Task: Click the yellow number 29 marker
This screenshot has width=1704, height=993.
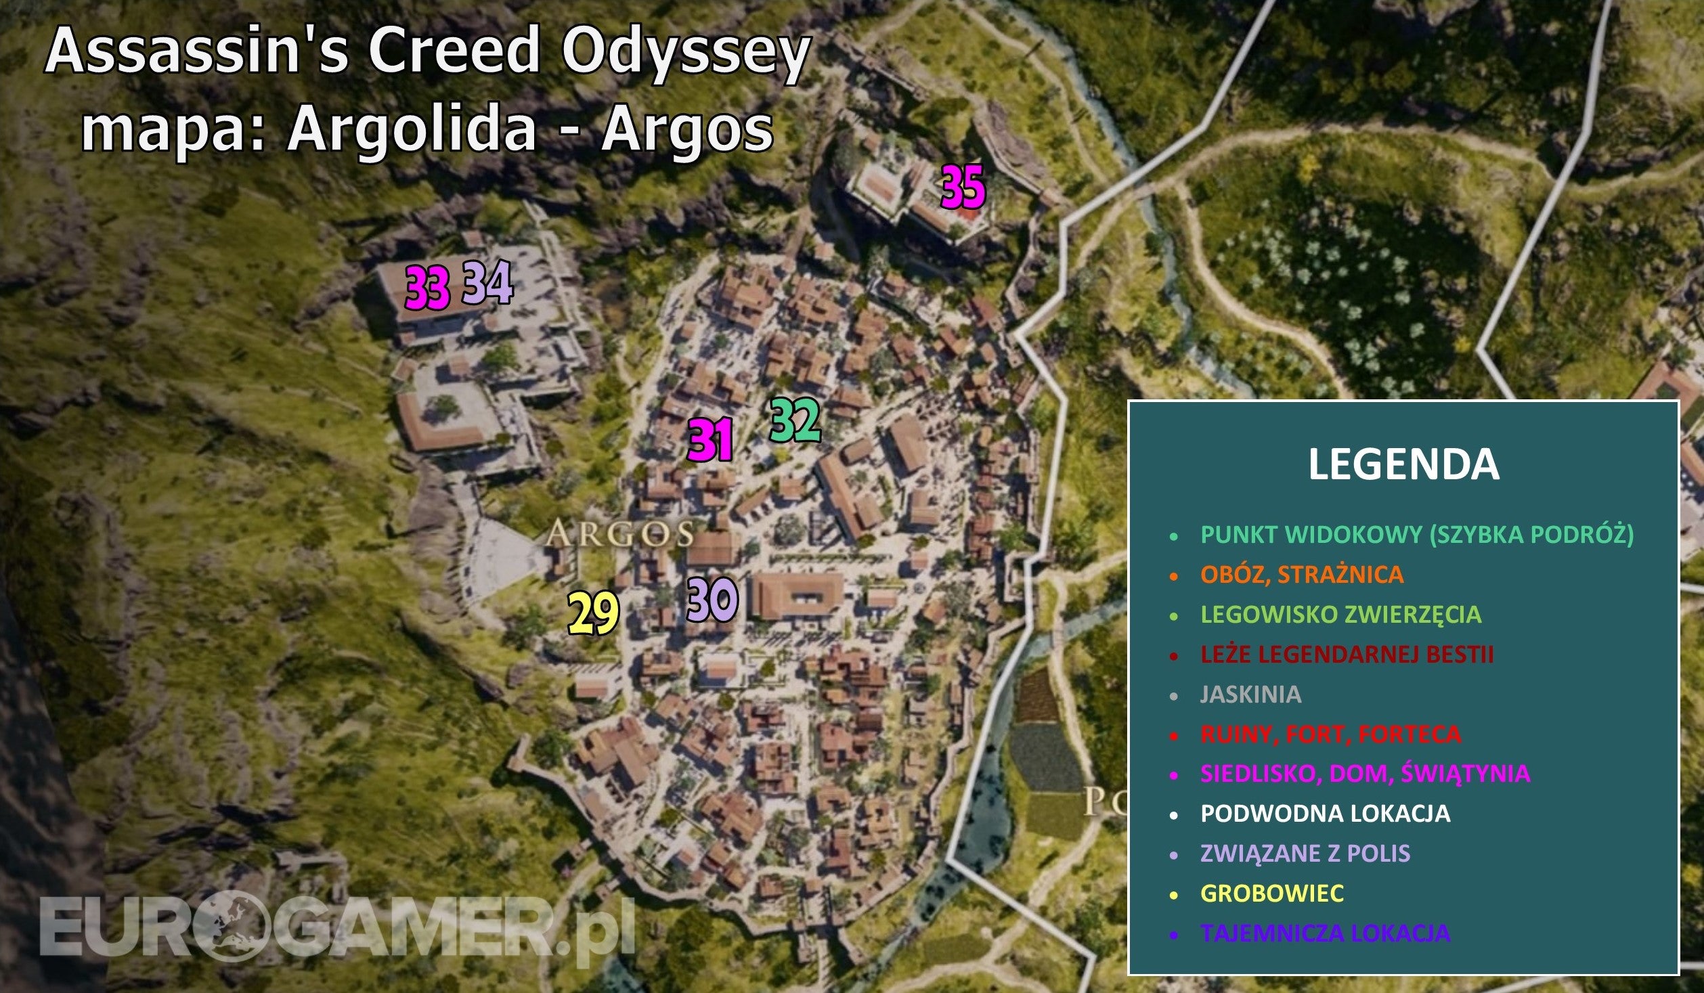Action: point(593,613)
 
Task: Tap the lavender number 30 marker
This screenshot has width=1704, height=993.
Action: point(712,600)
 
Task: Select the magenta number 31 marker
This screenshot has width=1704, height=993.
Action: point(710,441)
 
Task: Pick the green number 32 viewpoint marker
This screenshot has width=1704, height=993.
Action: point(795,421)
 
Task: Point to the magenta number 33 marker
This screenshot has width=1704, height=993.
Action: point(427,288)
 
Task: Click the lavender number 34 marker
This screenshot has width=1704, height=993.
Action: point(487,284)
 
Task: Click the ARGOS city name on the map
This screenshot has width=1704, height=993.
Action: point(620,535)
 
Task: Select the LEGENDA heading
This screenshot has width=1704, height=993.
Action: point(1403,465)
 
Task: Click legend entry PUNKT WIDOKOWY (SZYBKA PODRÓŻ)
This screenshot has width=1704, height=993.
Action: point(1417,535)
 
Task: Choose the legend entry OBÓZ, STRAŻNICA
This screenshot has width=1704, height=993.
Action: point(1301,575)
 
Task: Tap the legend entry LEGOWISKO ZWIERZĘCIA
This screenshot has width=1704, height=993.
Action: point(1340,615)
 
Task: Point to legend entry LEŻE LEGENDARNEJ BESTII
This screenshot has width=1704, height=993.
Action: point(1347,655)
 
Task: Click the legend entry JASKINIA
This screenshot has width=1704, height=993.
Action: point(1250,694)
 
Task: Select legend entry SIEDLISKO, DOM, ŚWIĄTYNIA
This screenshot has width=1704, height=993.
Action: point(1365,773)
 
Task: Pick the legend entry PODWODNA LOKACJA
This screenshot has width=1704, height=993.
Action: point(1325,813)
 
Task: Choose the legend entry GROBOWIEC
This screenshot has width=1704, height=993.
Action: point(1271,893)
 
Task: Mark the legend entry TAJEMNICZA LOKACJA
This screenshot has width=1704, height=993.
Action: point(1325,933)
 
